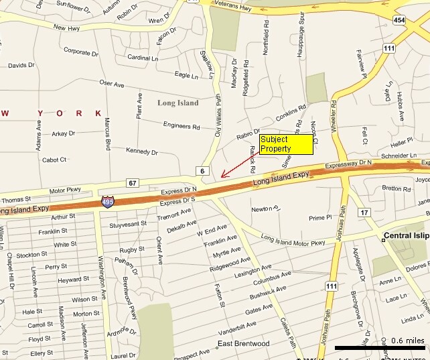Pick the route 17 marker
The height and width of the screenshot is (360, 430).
[364, 213]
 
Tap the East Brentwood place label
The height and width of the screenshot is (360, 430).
[243, 344]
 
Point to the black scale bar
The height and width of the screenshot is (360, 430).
[379, 348]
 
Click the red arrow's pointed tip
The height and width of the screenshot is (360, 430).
[222, 177]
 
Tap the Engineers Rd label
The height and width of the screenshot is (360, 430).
[182, 125]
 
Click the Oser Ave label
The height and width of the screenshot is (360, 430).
[112, 83]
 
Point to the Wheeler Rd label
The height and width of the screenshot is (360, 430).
[333, 116]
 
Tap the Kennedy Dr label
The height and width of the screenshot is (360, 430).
[141, 152]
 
